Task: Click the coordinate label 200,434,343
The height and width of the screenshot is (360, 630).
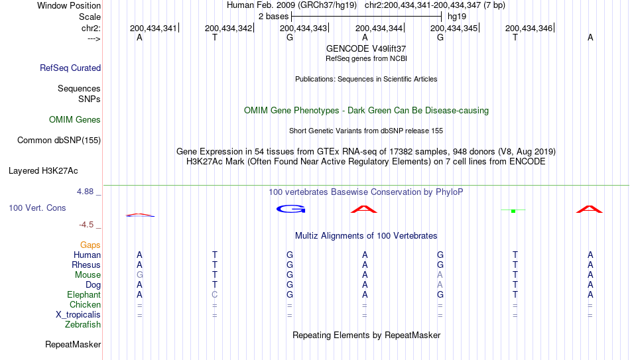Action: pos(303,28)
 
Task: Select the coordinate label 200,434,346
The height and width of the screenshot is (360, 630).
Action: pos(529,28)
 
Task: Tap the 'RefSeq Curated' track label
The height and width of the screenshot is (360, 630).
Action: pos(70,68)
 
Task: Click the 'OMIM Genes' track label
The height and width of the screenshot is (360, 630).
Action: pos(75,120)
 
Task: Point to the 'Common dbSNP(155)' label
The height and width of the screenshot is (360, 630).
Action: pos(59,141)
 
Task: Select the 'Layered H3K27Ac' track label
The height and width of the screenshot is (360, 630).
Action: pos(43,171)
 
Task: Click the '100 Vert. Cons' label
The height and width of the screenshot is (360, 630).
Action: pos(37,208)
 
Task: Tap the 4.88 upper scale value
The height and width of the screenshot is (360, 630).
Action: pos(85,192)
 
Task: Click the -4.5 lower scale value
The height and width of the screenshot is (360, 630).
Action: pos(86,225)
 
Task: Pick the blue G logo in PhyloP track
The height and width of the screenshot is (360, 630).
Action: pos(291,209)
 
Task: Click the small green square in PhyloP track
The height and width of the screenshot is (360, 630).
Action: pos(513,211)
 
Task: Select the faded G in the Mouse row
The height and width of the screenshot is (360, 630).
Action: pos(139,275)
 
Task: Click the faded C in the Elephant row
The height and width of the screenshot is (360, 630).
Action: pos(215,294)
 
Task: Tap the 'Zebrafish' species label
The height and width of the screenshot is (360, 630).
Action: pos(83,325)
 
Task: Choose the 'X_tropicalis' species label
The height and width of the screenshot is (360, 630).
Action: pos(78,315)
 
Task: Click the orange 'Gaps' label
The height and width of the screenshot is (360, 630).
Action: pos(90,245)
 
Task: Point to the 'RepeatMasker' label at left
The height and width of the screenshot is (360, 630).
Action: pos(73,344)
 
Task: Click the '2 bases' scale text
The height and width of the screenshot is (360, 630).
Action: pos(273,17)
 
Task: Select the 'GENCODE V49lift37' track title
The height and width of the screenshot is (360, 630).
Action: pos(366,48)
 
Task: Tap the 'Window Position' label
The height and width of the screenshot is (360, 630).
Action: pos(69,5)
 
